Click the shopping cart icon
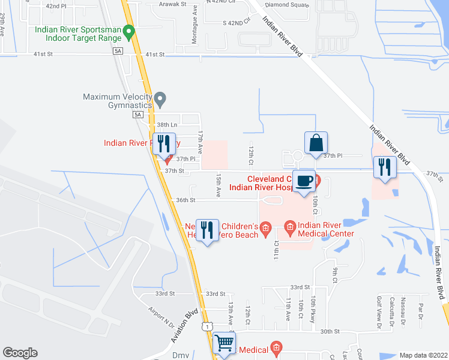pos(224,343)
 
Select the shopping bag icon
pos(316,143)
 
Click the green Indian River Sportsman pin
pos(128,30)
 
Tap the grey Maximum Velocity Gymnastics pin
pos(160,98)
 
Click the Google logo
pos(20,353)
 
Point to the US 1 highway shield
pos(206,325)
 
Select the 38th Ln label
pos(165,124)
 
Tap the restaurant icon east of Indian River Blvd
pos(384,167)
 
